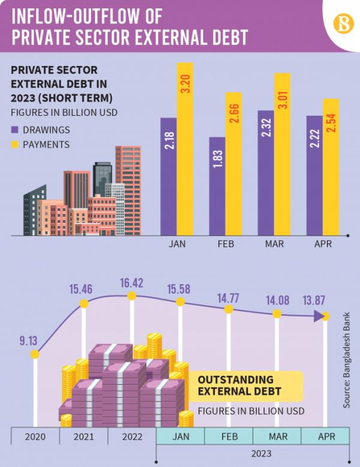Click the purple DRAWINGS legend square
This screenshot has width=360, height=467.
16,130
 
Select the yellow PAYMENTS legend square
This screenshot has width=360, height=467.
16,144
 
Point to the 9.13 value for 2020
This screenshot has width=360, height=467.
28,341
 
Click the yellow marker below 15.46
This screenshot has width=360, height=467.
84,304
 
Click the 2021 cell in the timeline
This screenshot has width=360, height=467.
83,436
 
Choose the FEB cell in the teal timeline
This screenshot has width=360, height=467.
229,436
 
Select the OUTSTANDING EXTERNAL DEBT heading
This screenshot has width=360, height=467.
236,386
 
